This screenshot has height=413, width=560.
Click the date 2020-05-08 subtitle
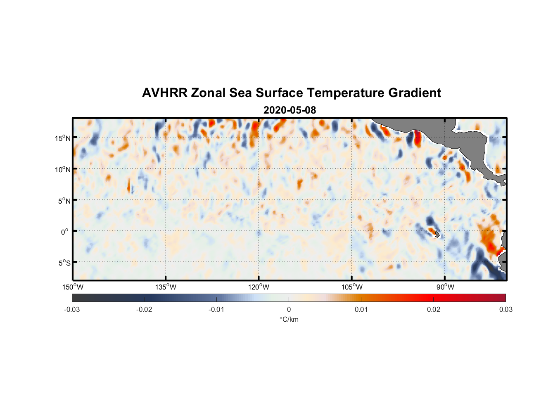(x=289, y=110)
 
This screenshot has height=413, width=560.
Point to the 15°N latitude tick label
(x=63, y=138)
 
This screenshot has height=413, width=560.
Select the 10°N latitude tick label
(x=63, y=169)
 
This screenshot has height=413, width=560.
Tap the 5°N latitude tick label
(x=64, y=201)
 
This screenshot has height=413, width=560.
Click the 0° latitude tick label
(x=65, y=232)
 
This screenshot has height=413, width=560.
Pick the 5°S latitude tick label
(x=64, y=263)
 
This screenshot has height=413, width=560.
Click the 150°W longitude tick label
(x=73, y=287)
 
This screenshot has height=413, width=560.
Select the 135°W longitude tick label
(x=166, y=287)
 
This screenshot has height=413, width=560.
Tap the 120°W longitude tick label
(x=259, y=287)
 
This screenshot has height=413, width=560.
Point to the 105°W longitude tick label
(x=352, y=287)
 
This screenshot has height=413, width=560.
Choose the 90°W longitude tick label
(x=445, y=287)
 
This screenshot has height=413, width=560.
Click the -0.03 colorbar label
(x=72, y=310)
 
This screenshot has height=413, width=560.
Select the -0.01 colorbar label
(x=216, y=310)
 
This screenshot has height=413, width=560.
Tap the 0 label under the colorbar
(x=289, y=310)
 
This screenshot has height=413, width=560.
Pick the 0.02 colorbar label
(x=434, y=310)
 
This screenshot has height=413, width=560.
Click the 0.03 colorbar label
(x=505, y=310)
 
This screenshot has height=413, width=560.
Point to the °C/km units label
(x=289, y=319)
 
